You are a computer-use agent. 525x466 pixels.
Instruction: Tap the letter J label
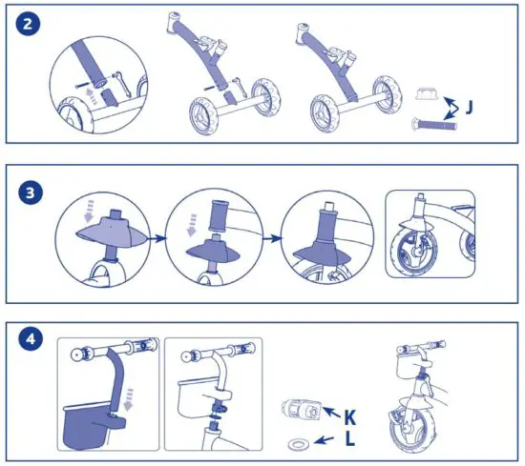[472, 108]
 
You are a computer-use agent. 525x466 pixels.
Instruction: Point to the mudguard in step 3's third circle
[325, 253]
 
